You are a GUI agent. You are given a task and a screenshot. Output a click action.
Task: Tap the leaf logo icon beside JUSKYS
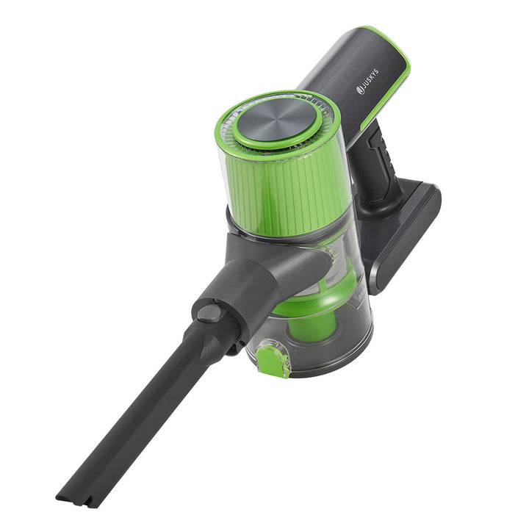click(x=360, y=90)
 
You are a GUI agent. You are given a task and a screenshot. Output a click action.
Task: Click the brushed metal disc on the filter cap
click(x=276, y=120)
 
